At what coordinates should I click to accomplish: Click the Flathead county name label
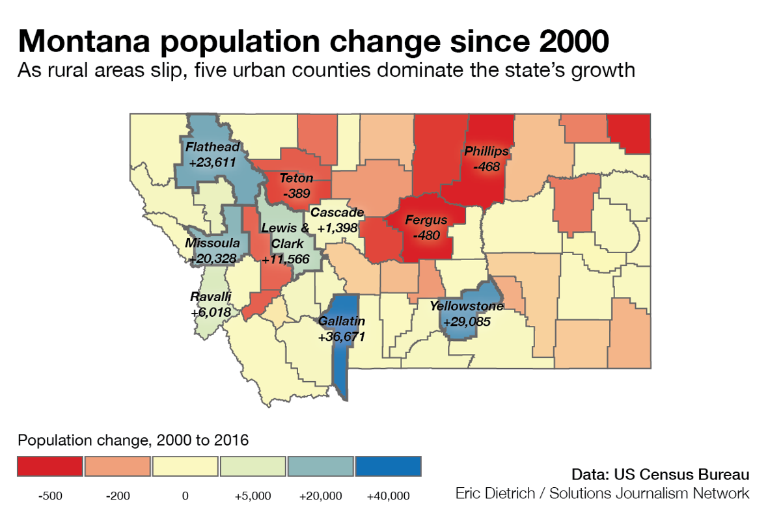click(x=212, y=146)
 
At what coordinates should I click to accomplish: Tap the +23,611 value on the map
click(x=212, y=163)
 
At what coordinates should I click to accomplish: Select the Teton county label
click(x=296, y=178)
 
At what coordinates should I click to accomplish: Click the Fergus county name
click(x=426, y=220)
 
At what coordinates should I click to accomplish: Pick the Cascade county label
click(x=336, y=213)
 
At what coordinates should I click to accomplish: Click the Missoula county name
click(x=213, y=243)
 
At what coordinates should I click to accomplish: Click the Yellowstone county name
click(x=466, y=306)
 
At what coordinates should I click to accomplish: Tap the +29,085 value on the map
click(x=466, y=321)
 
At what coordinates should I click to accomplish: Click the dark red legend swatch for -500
click(x=50, y=466)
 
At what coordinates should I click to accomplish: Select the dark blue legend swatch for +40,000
click(x=389, y=466)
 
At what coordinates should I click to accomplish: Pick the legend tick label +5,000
click(x=253, y=496)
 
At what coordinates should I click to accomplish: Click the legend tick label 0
click(x=185, y=496)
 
